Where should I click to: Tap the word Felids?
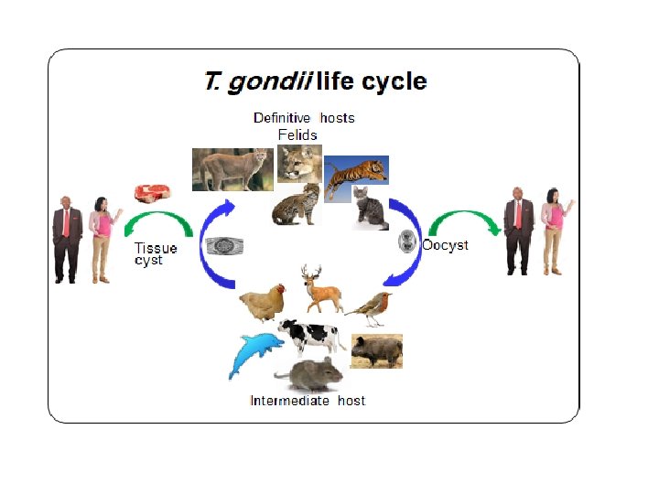click(x=297, y=134)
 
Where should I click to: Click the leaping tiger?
click(x=357, y=176)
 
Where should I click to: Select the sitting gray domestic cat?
click(x=371, y=209)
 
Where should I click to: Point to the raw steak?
click(x=154, y=193)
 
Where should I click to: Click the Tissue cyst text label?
click(x=156, y=253)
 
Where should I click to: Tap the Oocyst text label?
click(x=445, y=245)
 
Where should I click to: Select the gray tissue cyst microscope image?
click(x=223, y=246)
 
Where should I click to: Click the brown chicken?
click(x=263, y=302)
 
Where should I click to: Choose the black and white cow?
click(x=308, y=336)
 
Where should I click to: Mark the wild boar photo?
click(x=376, y=351)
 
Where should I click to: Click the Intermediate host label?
click(x=308, y=401)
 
